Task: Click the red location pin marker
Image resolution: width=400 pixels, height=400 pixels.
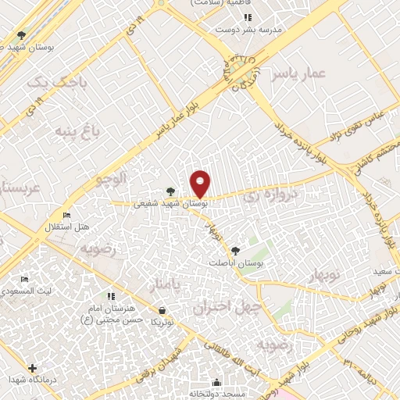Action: click(x=201, y=184)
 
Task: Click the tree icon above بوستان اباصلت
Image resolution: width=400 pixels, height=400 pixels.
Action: click(x=236, y=251)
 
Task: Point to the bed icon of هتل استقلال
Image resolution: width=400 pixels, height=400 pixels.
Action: click(x=66, y=216)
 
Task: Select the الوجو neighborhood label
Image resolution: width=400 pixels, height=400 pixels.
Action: click(x=111, y=179)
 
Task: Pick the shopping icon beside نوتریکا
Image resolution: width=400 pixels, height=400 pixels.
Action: click(x=162, y=309)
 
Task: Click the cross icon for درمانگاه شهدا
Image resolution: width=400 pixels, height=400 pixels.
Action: click(x=32, y=368)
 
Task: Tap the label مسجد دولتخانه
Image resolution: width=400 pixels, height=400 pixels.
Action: click(x=217, y=395)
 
